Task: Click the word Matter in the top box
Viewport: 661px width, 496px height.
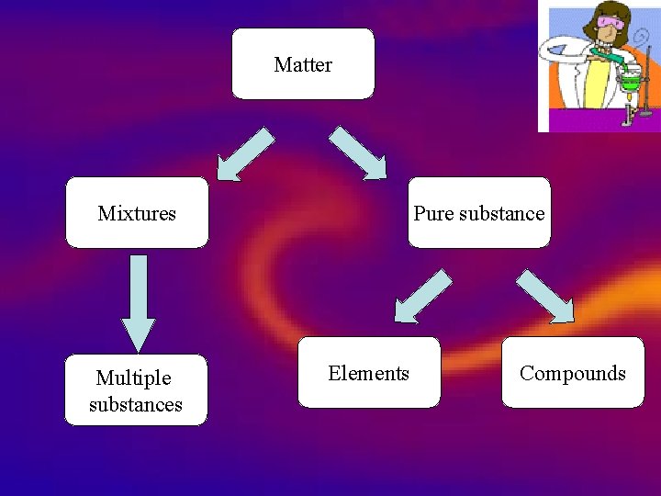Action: click(303, 65)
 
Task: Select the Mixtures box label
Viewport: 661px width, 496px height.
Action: click(137, 214)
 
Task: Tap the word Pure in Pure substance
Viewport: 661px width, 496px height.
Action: click(433, 214)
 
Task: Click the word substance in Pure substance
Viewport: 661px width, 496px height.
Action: click(501, 214)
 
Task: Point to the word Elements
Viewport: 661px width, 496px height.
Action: click(368, 373)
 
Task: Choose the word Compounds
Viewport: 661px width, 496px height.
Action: click(572, 373)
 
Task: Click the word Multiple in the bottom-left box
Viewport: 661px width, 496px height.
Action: click(134, 378)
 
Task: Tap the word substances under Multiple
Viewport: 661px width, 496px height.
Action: click(136, 404)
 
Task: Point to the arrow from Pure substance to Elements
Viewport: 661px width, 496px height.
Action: click(421, 296)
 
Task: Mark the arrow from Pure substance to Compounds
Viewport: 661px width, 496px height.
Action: click(547, 296)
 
